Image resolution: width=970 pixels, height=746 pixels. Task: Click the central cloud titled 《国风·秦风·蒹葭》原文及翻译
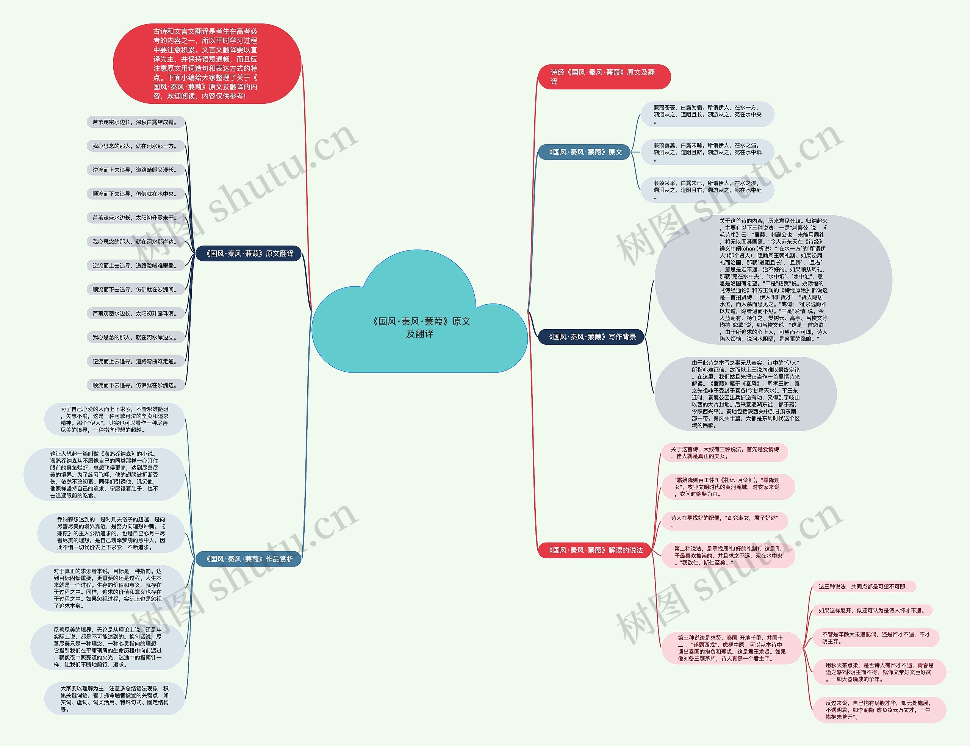[x=420, y=327]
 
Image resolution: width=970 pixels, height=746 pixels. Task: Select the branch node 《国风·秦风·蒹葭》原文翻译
[x=248, y=253]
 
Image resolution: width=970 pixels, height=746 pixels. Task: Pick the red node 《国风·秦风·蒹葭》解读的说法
[x=594, y=550]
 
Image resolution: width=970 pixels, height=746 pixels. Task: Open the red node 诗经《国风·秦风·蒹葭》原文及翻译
[x=604, y=77]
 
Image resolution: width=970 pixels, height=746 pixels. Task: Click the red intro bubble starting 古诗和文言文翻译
[x=207, y=64]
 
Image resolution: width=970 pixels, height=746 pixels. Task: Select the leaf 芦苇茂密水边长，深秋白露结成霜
[x=135, y=122]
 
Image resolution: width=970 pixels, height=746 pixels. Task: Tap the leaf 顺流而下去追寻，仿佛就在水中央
[x=135, y=194]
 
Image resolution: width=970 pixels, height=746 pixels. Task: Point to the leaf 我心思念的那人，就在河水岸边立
[x=135, y=338]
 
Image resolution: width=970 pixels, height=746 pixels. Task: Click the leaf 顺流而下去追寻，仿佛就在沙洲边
[x=135, y=385]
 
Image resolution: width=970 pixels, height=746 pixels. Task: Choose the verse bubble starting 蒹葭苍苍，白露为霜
[x=707, y=114]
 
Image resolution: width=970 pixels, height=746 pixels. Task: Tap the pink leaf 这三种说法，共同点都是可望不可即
[x=864, y=586]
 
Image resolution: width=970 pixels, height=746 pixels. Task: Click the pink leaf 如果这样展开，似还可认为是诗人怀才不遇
[x=872, y=611]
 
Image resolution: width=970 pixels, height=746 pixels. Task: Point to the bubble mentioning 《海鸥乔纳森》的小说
[x=104, y=475]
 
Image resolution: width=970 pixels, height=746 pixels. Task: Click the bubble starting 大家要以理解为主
[x=114, y=699]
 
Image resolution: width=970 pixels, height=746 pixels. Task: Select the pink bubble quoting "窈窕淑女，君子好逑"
[x=724, y=521]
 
